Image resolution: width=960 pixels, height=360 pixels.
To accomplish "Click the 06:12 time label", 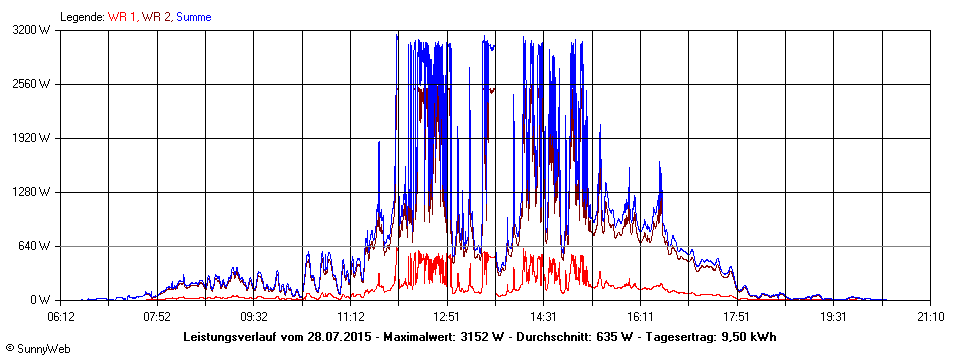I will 60,317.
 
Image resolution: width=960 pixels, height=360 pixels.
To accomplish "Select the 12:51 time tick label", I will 446,317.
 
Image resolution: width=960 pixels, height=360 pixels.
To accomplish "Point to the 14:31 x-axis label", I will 543,317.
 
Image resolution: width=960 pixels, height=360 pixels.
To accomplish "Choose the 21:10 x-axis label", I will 929,317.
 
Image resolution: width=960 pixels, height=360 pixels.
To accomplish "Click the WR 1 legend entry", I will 123,17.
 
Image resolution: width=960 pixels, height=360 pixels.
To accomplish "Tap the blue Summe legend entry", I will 193,17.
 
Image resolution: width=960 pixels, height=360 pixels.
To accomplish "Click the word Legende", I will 81,17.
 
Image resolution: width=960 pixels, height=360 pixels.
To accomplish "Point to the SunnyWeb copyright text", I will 36,346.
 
